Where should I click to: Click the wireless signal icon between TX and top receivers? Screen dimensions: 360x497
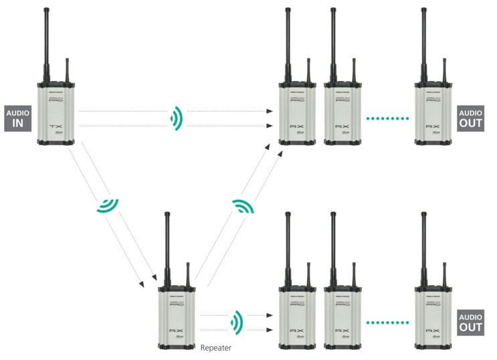pos(176,118)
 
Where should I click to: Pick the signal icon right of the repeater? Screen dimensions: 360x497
pos(235,322)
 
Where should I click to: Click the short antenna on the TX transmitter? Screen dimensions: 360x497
pos(67,71)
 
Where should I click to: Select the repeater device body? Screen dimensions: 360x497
pos(176,314)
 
